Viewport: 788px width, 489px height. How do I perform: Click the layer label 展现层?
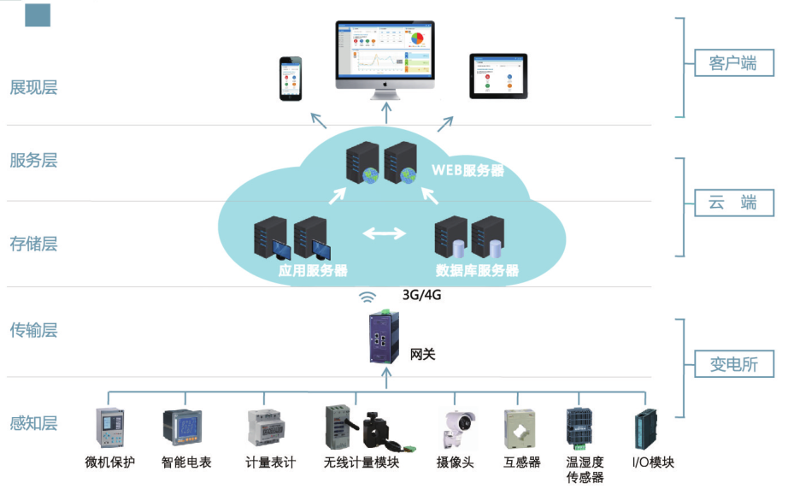point(33,87)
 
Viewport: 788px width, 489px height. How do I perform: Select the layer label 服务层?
point(33,160)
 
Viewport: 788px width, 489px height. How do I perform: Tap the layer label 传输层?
point(33,330)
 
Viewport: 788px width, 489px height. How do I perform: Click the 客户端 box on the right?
point(732,63)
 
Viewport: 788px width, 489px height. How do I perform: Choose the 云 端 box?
point(732,203)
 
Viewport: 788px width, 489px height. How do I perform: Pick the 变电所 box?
point(732,363)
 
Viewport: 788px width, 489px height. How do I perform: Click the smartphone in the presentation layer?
point(292,79)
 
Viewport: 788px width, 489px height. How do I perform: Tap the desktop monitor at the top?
point(385,56)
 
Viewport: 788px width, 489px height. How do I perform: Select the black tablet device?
point(498,76)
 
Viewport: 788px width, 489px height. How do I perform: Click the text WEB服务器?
point(467,170)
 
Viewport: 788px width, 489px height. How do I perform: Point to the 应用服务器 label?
point(313,271)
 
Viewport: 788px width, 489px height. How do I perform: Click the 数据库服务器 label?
point(477,271)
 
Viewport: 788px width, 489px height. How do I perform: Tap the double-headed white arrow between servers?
point(385,233)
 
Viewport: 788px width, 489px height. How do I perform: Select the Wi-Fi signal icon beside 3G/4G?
point(368,297)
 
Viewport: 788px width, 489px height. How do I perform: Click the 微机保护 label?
point(110,462)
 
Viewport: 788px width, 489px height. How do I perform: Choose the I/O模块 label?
point(653,462)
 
